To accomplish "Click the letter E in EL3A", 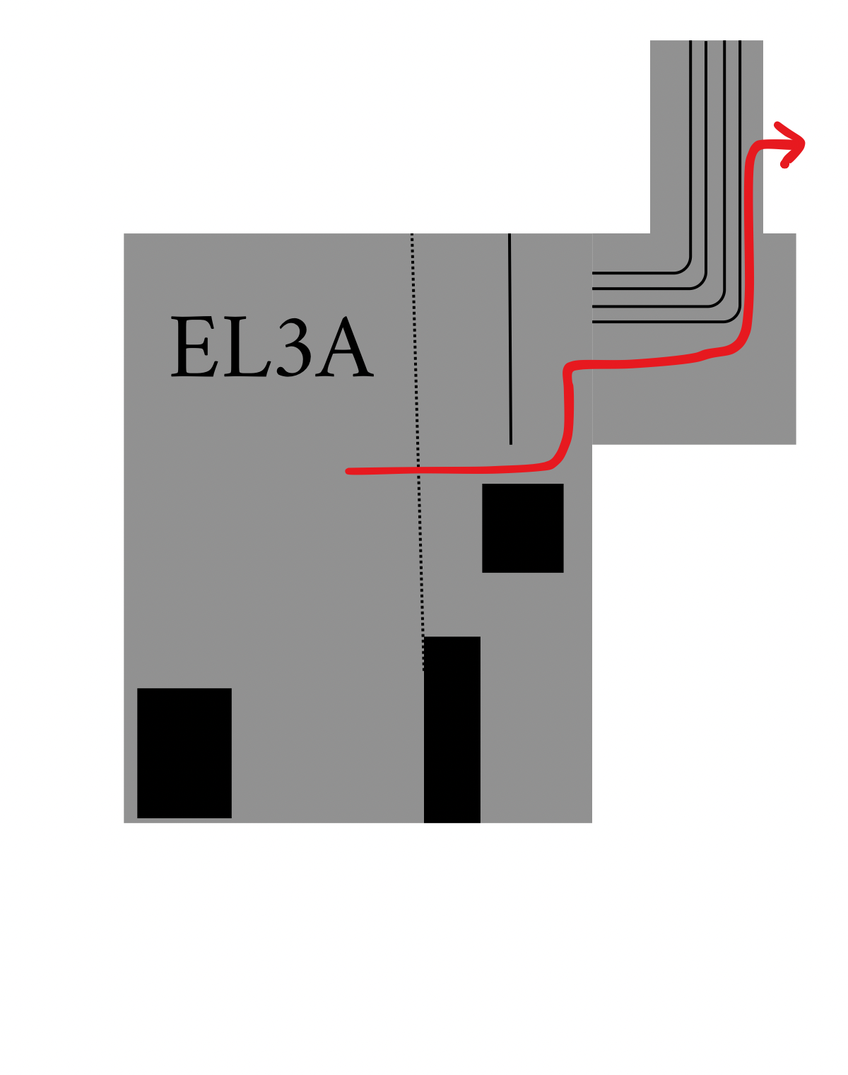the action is [194, 346].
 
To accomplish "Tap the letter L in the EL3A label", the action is [247, 346].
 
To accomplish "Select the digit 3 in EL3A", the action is [294, 347].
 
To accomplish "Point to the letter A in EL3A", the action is [344, 346].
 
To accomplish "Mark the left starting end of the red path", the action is [348, 471].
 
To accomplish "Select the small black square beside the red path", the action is [522, 528].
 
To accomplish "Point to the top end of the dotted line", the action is [412, 234].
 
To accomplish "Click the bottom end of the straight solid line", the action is [511, 444].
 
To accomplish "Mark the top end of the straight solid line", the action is [509, 234].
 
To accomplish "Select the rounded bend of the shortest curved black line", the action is [685, 268].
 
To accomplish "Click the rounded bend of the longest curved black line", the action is [735, 317].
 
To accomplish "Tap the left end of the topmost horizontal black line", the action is [593, 273].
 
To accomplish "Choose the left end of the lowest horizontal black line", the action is [593, 322].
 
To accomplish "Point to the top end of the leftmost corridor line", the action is [691, 41].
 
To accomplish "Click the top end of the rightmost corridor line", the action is [740, 41].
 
